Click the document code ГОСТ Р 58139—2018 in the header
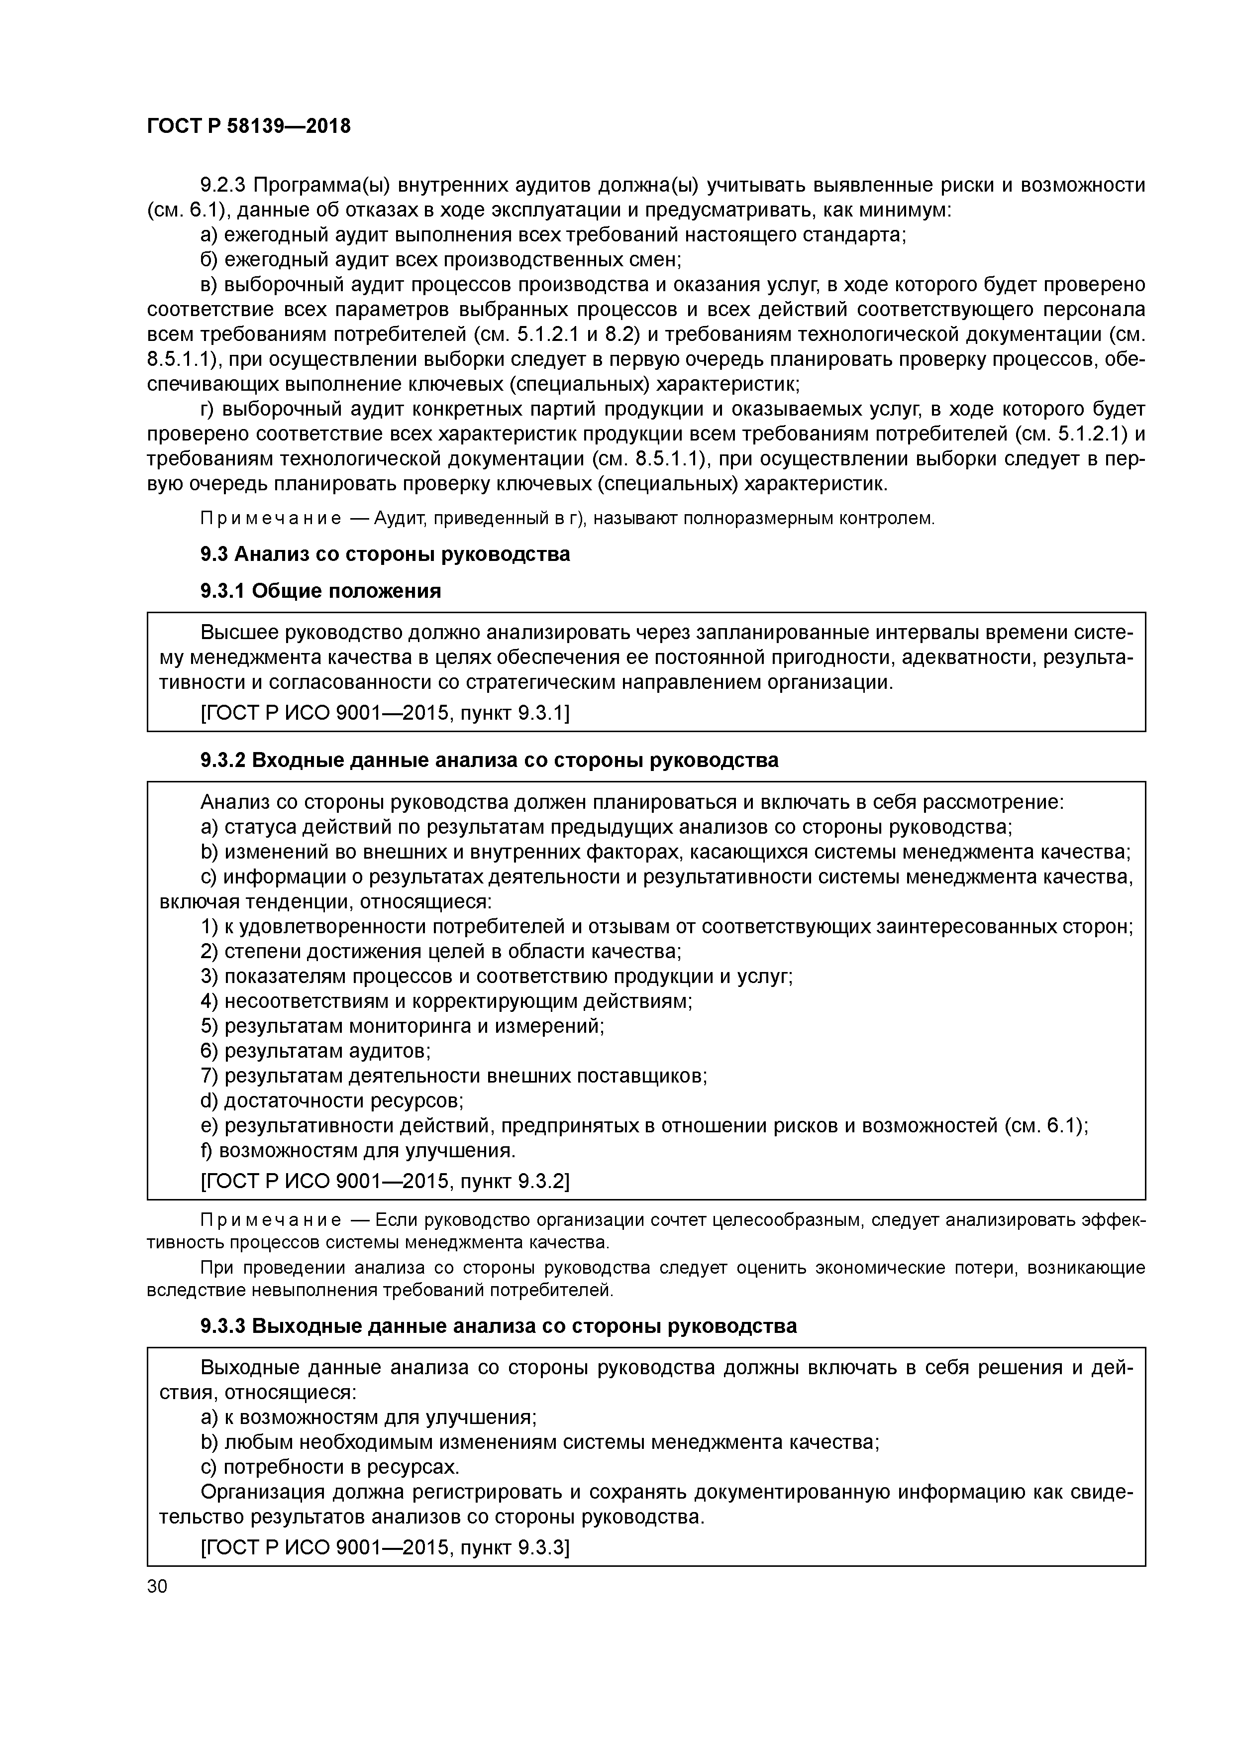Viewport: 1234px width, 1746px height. click(x=249, y=126)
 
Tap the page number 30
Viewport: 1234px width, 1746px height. click(x=157, y=1586)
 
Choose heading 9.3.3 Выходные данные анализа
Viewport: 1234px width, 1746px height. click(x=498, y=1326)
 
